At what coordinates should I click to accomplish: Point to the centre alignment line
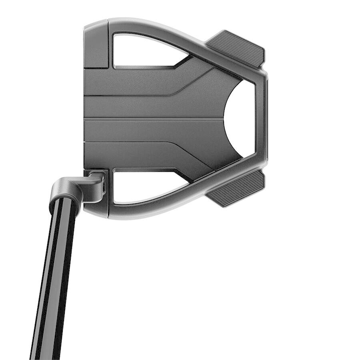tap(152, 118)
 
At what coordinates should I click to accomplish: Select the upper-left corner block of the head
tap(96, 44)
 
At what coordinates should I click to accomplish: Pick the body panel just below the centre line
tap(152, 130)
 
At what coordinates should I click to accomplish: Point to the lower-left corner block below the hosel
tap(98, 206)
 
